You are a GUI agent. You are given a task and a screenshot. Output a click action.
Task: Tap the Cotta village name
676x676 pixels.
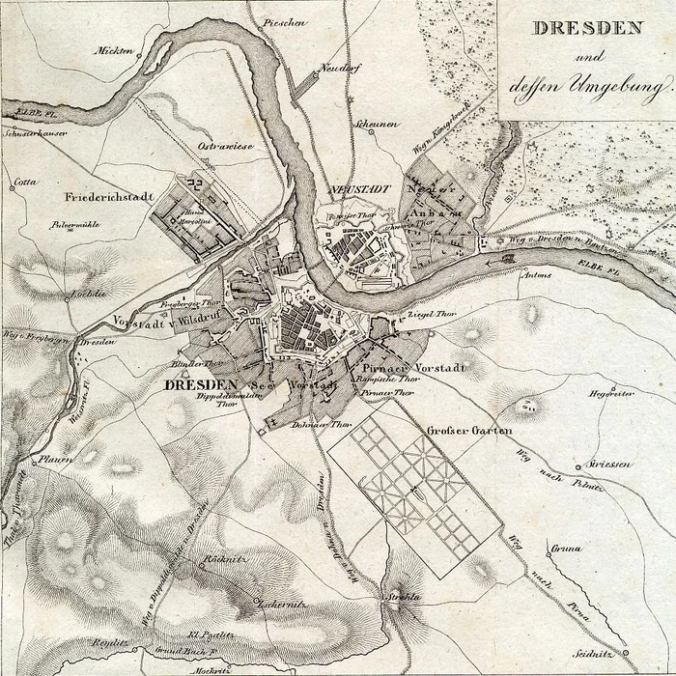[x=26, y=181]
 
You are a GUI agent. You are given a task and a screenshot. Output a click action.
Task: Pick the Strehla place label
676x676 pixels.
[x=403, y=599]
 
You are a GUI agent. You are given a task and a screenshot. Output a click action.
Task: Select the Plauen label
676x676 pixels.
[x=56, y=460]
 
